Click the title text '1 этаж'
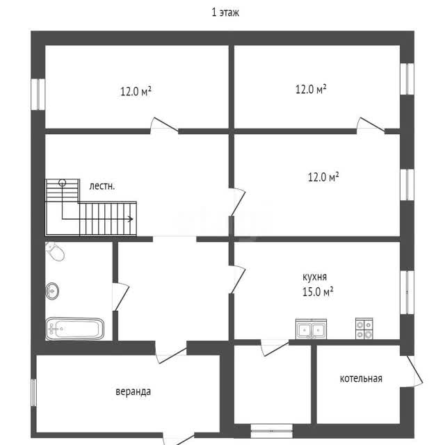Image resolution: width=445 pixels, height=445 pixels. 225,13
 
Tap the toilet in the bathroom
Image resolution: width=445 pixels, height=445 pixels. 55,251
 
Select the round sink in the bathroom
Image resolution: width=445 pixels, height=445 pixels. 52,291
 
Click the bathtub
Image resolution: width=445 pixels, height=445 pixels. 74,329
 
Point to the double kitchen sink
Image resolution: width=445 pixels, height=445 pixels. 311,329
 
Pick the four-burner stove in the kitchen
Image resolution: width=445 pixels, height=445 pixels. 364,329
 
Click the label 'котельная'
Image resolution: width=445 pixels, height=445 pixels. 361,378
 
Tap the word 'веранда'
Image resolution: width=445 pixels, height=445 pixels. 133,391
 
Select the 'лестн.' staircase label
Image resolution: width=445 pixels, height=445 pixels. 102,186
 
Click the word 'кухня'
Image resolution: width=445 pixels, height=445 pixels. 314,277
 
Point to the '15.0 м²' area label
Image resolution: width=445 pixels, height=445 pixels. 318,292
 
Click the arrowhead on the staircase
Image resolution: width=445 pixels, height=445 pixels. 131,219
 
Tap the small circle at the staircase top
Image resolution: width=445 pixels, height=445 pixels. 62,182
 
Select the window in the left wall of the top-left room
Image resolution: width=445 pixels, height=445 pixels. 38,95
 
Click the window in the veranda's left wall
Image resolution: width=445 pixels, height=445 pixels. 34,392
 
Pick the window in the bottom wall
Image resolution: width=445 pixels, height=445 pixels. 272,431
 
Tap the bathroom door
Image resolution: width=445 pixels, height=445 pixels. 120,297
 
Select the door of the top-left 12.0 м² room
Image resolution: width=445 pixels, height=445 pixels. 164,124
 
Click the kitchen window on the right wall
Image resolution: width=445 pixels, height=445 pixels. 407,292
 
